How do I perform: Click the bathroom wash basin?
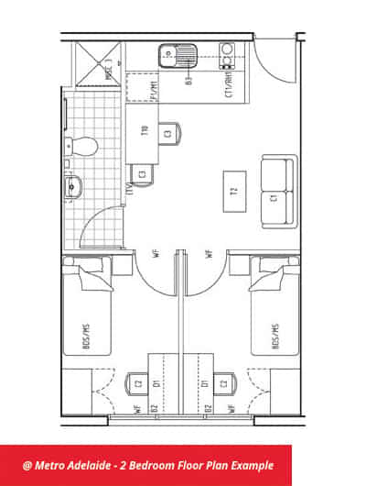pyautogui.click(x=74, y=188)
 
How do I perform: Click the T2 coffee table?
pyautogui.click(x=235, y=191)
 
